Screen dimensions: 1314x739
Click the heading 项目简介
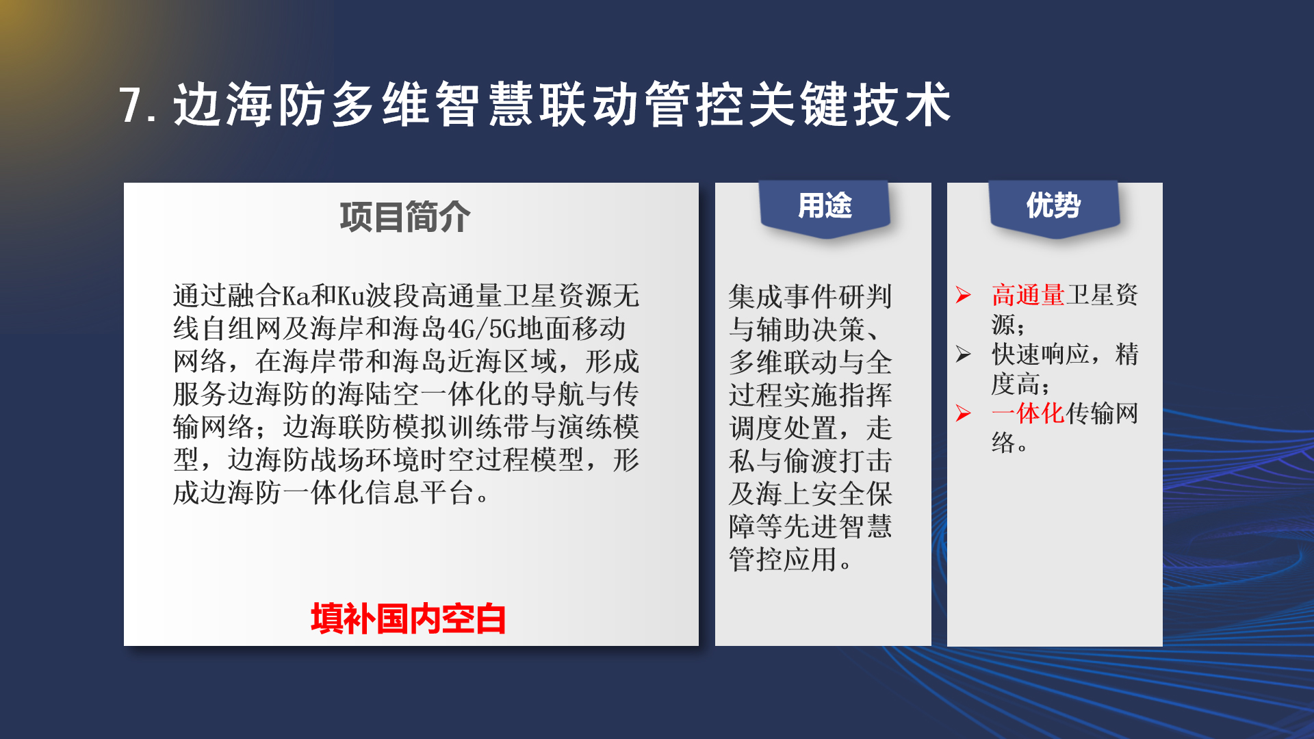tap(405, 218)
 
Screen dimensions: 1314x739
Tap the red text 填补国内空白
tap(408, 619)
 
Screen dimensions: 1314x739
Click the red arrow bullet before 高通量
tap(964, 295)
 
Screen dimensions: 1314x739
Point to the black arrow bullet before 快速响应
tap(964, 354)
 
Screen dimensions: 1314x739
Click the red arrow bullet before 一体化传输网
tap(964, 413)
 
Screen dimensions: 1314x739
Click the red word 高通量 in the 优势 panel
tap(1028, 295)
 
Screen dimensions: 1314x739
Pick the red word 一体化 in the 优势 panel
tap(1028, 413)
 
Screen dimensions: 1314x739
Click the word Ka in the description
tap(296, 296)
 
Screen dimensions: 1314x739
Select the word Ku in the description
tap(351, 296)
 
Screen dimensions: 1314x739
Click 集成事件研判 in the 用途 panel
tap(811, 296)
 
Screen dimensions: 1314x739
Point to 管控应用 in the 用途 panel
tap(784, 559)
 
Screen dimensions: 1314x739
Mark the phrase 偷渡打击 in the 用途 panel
tap(838, 461)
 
